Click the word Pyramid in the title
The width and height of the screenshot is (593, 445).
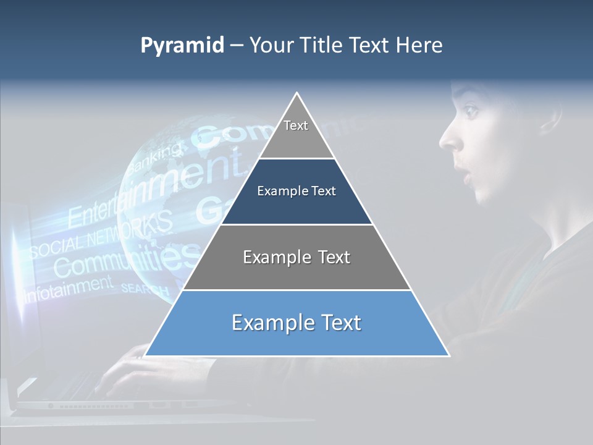pyautogui.click(x=182, y=46)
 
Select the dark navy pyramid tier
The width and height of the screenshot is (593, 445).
pyautogui.click(x=296, y=192)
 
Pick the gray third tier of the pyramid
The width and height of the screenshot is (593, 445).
pyautogui.click(x=296, y=257)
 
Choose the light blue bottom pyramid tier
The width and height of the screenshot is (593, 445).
pyautogui.click(x=296, y=323)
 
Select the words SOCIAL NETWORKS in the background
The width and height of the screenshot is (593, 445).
pyautogui.click(x=99, y=238)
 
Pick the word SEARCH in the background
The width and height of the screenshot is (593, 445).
pyautogui.click(x=145, y=289)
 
